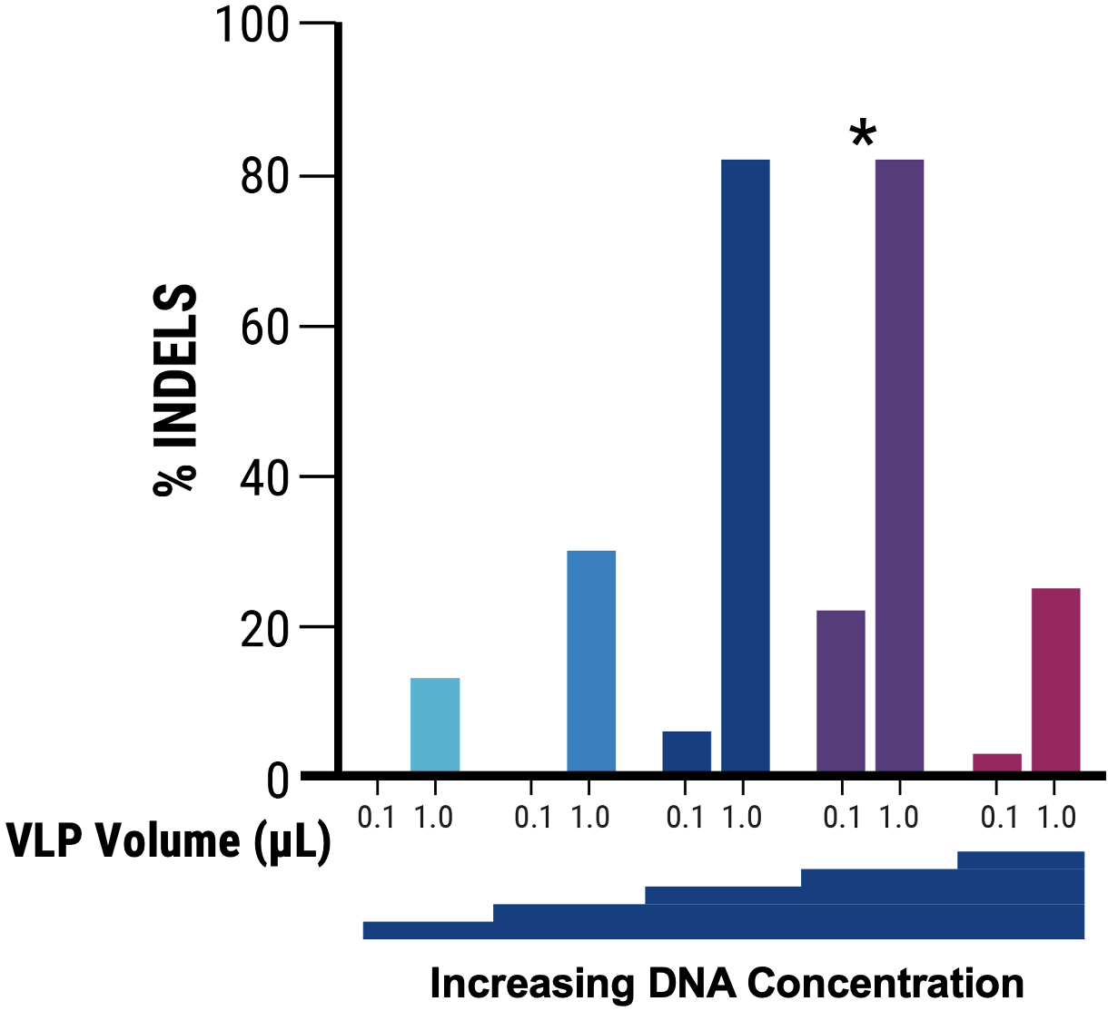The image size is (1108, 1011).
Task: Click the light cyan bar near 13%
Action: tap(435, 725)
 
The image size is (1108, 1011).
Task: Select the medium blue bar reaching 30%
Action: tap(591, 662)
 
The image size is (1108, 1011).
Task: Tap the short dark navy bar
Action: tap(687, 751)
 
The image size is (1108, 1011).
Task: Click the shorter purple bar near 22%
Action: tap(841, 692)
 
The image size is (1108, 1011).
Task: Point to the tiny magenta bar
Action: tap(997, 762)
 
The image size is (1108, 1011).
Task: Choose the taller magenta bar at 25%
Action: tap(1055, 681)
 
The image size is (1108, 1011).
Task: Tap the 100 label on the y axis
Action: tap(252, 25)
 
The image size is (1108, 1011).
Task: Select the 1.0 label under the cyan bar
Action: tap(434, 818)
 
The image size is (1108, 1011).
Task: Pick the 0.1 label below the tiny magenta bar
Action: tap(999, 818)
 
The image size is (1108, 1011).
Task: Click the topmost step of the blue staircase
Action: tap(1021, 859)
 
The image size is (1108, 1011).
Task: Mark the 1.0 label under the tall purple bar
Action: tap(899, 818)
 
